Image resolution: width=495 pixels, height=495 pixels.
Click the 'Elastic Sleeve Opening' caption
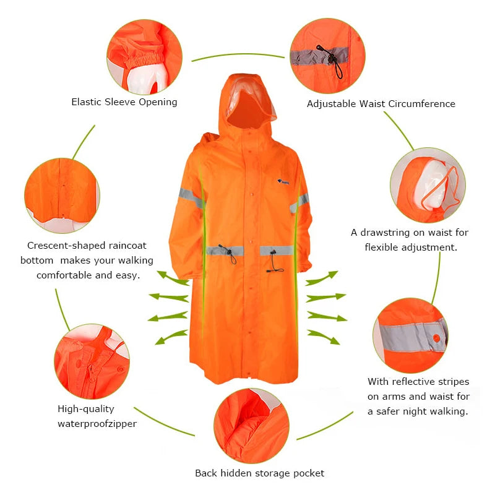point(124,102)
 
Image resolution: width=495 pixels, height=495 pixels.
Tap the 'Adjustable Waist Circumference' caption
point(381,104)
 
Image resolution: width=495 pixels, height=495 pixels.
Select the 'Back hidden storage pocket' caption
point(259,473)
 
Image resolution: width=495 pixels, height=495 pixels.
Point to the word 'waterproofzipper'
point(97,424)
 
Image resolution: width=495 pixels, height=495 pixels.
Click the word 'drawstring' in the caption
point(385,233)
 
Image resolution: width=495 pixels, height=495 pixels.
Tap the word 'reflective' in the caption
point(418,381)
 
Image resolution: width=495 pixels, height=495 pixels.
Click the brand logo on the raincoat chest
point(283,181)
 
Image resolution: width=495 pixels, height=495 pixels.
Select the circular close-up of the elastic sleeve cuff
point(145,57)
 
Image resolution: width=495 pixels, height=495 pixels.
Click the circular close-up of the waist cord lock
point(328,56)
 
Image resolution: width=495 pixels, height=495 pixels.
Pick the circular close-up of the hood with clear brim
point(428,185)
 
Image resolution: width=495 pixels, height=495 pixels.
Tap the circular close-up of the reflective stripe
point(410,335)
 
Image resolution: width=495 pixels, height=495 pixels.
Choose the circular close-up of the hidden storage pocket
point(251,426)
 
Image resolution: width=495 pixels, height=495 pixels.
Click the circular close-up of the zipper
point(92,361)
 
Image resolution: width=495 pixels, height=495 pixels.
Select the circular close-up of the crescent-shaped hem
point(62,196)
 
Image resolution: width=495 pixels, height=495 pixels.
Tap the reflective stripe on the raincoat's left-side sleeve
point(191,197)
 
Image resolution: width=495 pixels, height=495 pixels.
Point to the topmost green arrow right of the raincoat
point(321,278)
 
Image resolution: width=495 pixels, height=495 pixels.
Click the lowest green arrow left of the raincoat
point(171,337)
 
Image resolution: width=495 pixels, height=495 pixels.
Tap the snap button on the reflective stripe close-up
point(437,338)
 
